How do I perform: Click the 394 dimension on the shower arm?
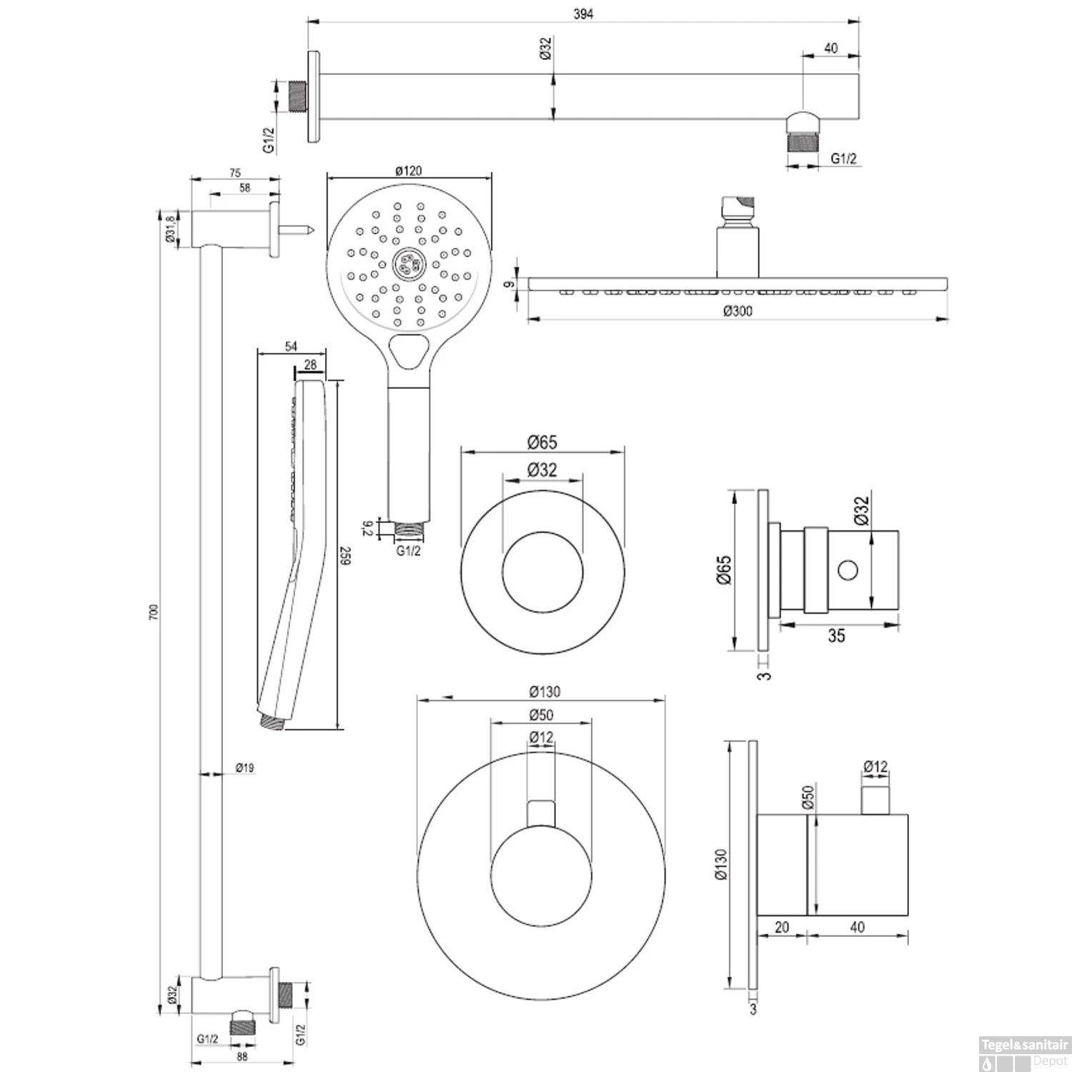tap(583, 14)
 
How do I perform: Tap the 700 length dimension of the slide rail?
tap(153, 612)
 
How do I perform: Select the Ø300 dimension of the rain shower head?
tap(738, 311)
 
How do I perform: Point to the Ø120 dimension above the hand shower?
tap(408, 171)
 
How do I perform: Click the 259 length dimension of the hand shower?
tap(347, 556)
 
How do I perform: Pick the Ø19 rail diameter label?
tap(244, 768)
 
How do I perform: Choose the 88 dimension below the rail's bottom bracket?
tap(242, 1056)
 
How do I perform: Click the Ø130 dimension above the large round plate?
tap(545, 692)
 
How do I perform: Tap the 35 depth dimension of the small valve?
tap(836, 635)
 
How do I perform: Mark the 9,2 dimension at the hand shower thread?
tap(367, 529)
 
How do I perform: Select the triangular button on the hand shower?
tap(409, 351)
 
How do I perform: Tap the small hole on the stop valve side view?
tap(848, 570)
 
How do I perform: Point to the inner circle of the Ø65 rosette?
tap(542, 572)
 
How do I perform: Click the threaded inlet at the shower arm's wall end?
tap(294, 96)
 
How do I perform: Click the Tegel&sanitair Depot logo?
tap(1024, 1051)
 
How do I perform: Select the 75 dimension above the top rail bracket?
tap(235, 173)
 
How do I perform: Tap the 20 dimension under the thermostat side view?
tap(782, 927)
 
